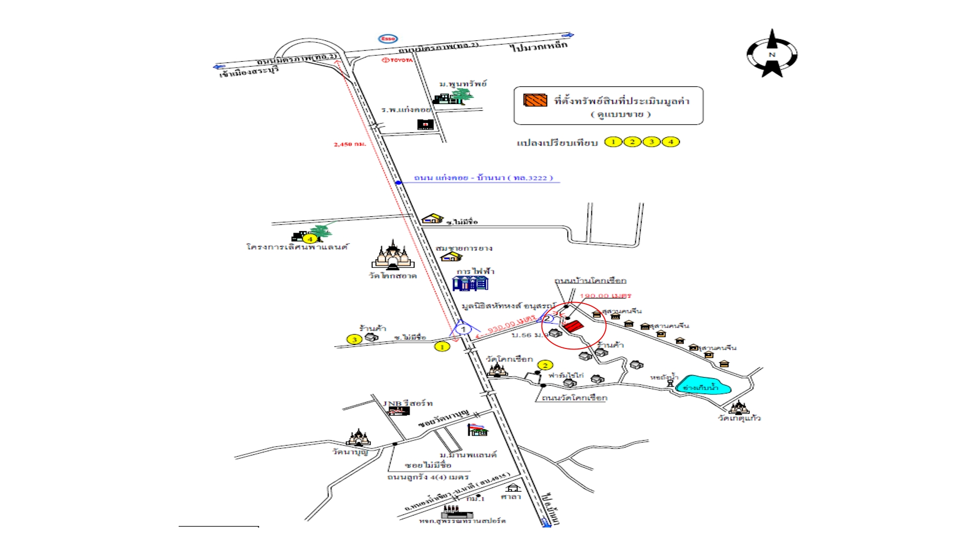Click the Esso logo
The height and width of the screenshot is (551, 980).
(x=388, y=39)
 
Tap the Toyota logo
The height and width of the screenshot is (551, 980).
(x=398, y=60)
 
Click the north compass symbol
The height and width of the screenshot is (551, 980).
(x=772, y=54)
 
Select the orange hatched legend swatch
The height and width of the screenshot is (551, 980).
(x=535, y=100)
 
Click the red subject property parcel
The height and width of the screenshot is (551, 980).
(x=573, y=327)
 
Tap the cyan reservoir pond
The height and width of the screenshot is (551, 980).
(x=702, y=386)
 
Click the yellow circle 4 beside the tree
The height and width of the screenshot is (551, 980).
(x=309, y=239)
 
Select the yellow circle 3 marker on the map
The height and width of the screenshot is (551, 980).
(x=354, y=339)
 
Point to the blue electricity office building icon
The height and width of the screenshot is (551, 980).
(x=470, y=283)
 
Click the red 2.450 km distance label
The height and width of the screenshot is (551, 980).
(x=350, y=144)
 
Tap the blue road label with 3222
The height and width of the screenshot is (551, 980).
(x=483, y=178)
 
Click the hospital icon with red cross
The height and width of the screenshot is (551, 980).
(x=425, y=124)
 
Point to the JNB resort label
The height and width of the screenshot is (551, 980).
(x=408, y=403)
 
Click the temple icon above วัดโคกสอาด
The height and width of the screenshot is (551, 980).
(x=393, y=255)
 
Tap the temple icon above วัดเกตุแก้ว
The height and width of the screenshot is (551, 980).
(x=739, y=407)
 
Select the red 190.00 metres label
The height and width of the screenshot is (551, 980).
(x=605, y=296)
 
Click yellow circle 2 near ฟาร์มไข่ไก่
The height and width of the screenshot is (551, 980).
(x=545, y=365)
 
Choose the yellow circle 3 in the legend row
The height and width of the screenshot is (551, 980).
(x=652, y=142)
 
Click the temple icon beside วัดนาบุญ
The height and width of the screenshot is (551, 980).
(x=358, y=438)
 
